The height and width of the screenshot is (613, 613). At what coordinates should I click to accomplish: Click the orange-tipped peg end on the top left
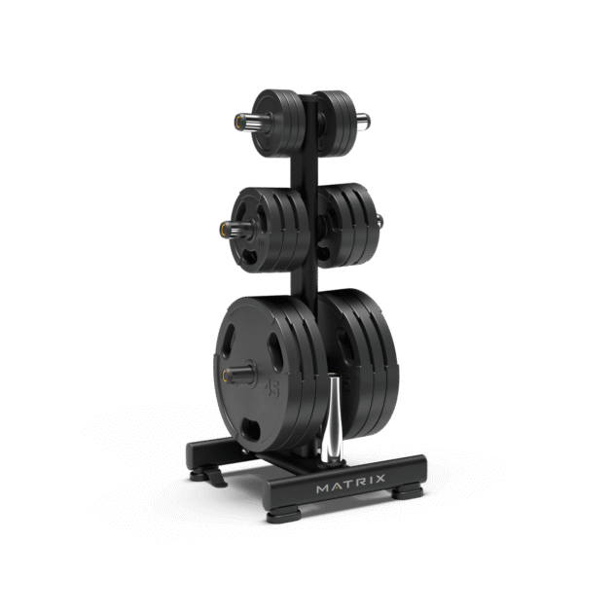click(x=235, y=123)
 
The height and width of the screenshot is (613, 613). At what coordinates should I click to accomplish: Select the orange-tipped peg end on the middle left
click(x=224, y=229)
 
